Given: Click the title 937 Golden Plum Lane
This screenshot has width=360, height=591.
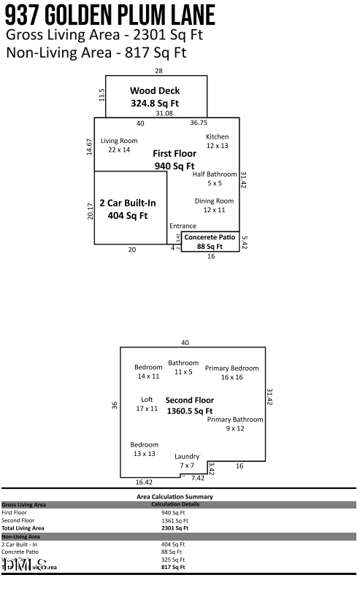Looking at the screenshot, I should (110, 15).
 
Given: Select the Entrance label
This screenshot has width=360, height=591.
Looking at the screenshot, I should (183, 225).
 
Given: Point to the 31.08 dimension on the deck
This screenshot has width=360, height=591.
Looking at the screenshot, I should (164, 114).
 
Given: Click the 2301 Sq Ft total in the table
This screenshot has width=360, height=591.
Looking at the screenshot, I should (175, 528).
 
